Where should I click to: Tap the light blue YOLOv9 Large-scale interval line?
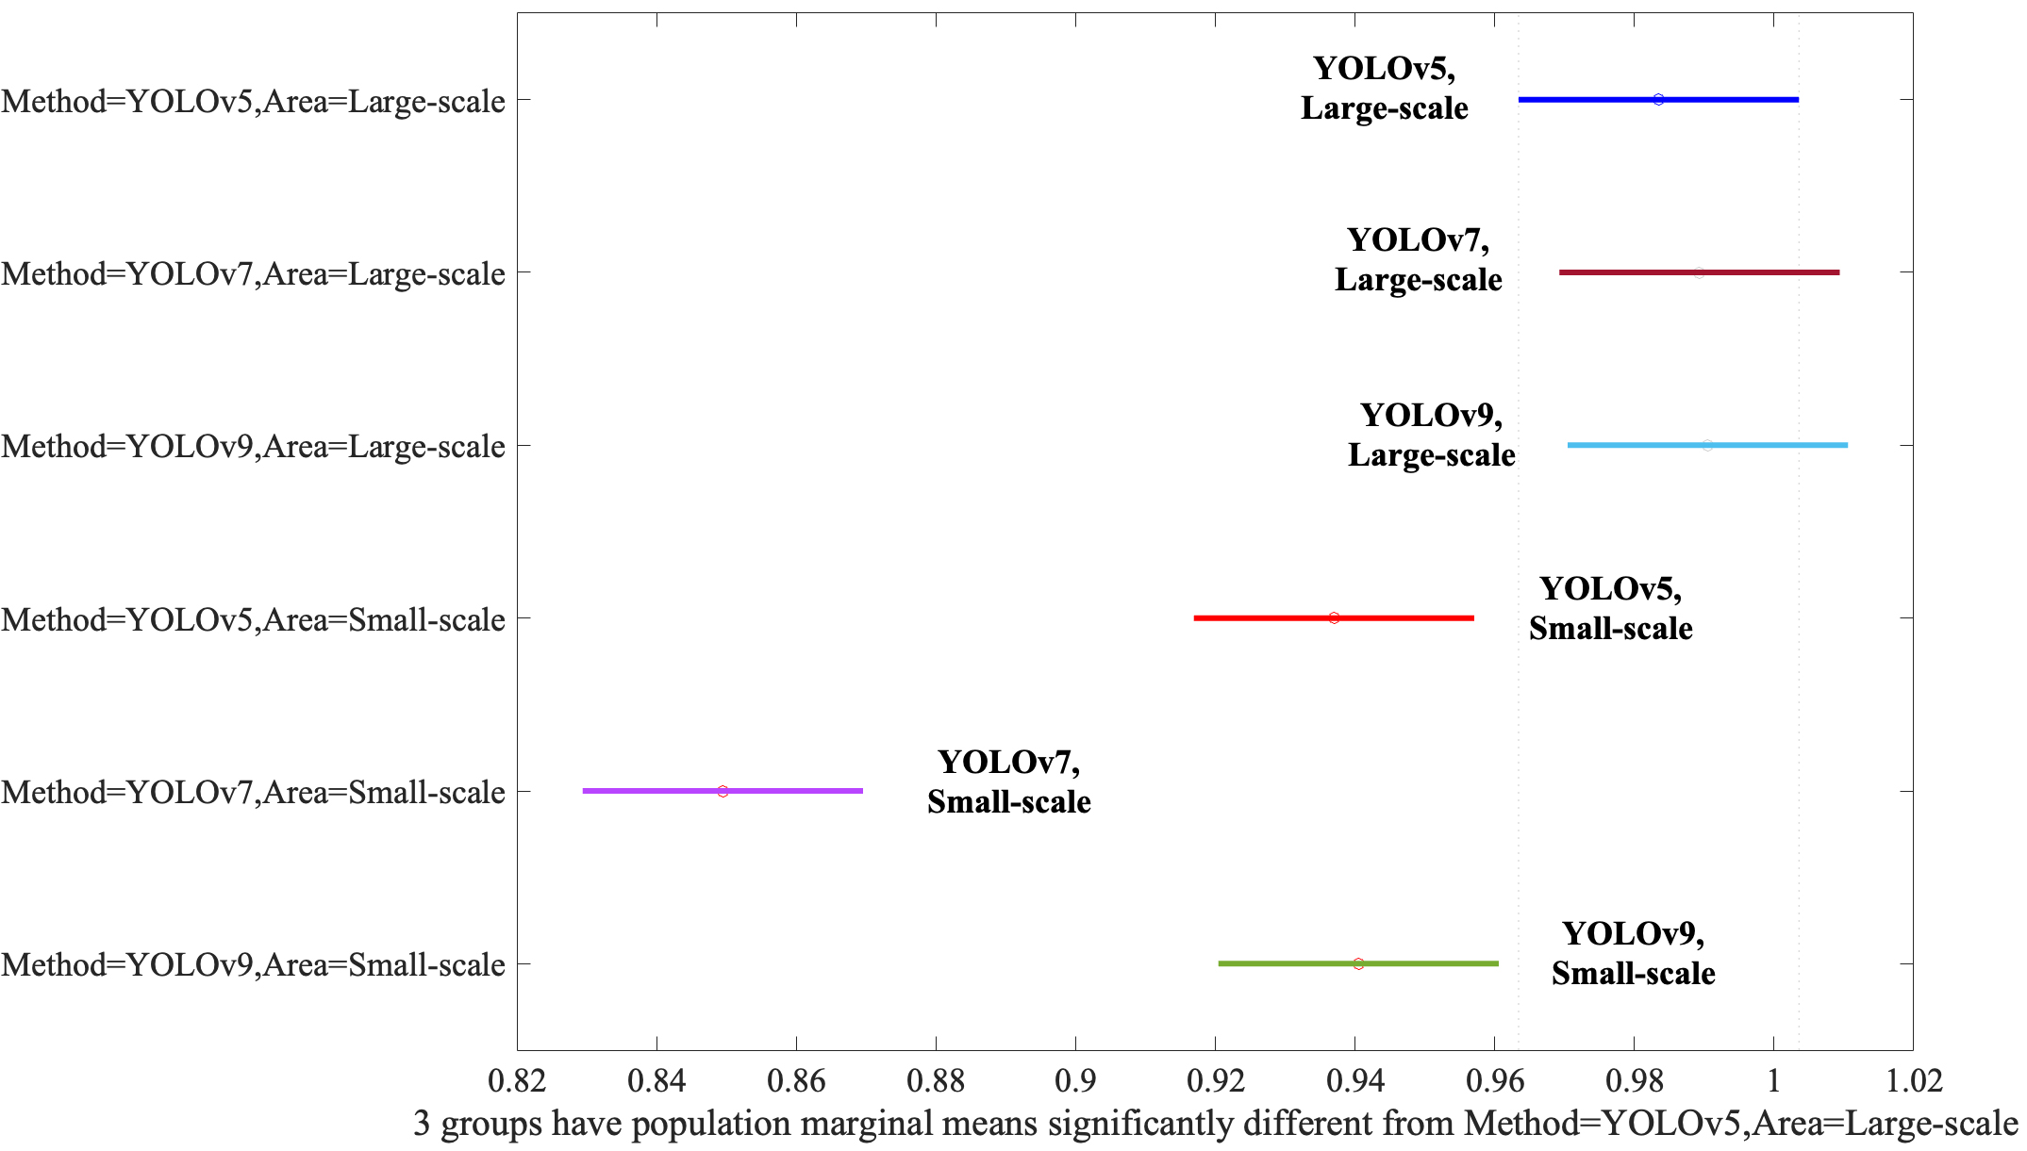1773,445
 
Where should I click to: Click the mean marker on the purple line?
723,791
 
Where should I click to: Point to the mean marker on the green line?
1358,963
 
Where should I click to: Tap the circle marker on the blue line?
1658,99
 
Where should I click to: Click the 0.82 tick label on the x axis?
517,1080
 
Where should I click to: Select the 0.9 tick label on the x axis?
1075,1080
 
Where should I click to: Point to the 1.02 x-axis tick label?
1914,1080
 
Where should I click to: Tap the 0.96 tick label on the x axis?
1494,1080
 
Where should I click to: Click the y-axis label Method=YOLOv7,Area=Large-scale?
253,273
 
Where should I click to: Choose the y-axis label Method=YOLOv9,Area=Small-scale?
253,964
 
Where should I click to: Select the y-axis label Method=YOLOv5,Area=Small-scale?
253,619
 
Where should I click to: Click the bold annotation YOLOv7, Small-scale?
1008,781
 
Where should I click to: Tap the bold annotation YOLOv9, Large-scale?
1431,435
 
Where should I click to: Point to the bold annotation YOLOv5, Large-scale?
1384,88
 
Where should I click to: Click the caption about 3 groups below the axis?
1215,1124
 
